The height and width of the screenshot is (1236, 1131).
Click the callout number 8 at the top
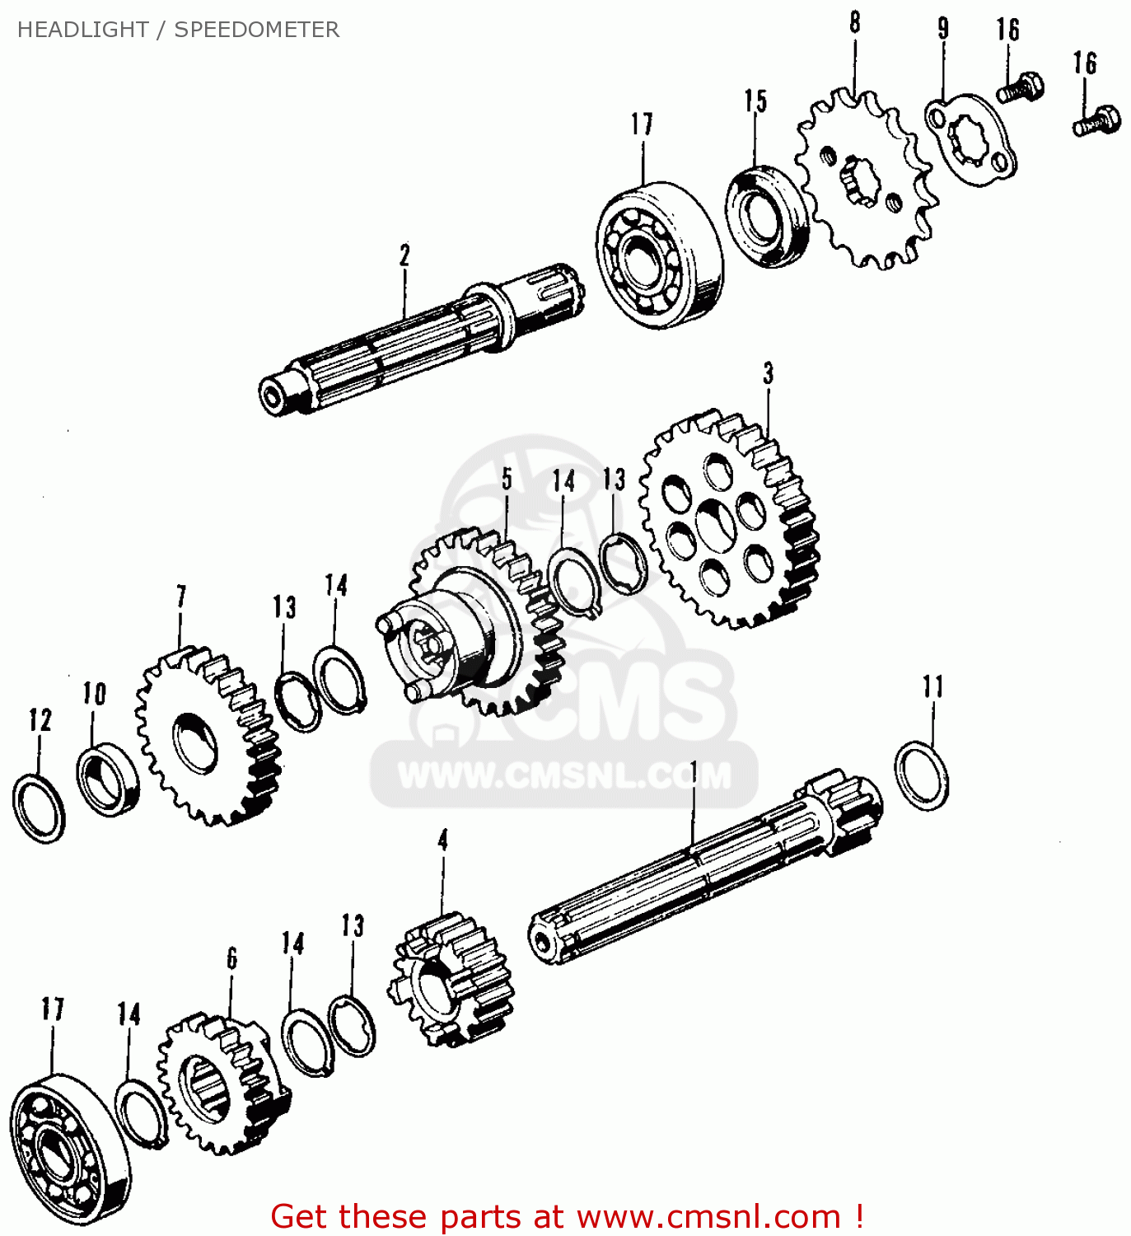tap(854, 22)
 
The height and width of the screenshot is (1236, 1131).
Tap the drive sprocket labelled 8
tap(865, 181)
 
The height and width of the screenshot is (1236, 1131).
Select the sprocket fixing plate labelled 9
tap(970, 140)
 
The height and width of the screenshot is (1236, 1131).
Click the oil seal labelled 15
tap(766, 216)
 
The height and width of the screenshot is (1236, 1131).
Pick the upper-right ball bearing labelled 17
tap(660, 254)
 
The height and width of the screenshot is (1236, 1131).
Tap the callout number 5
tap(507, 479)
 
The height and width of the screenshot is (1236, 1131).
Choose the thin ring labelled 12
tap(39, 808)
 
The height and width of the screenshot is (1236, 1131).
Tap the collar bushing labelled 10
tap(107, 778)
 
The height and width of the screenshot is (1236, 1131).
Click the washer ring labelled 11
tap(922, 775)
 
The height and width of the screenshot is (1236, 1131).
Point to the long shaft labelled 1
tap(700, 873)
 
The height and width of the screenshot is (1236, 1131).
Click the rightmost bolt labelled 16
tap(1096, 122)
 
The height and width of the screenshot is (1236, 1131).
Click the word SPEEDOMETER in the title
tap(256, 30)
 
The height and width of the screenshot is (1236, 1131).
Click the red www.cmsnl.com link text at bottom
tap(708, 1216)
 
